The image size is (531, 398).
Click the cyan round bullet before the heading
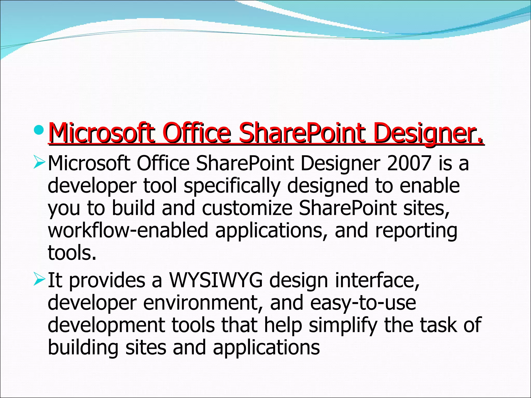(39, 130)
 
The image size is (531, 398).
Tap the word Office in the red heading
(197, 134)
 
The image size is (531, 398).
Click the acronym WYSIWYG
(216, 280)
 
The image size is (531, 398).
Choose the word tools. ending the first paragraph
(72, 253)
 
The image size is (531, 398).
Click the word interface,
(377, 280)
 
